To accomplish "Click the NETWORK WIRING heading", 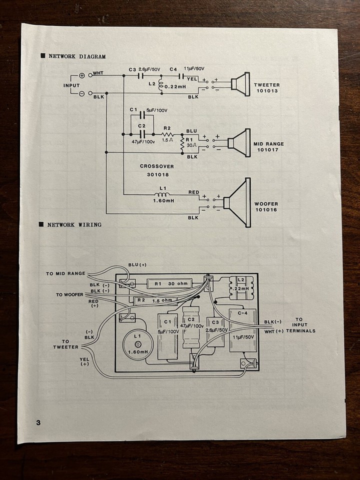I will [74, 224].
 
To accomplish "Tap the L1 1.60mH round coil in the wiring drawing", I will [136, 345].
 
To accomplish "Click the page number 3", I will [38, 422].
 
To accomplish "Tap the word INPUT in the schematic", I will [71, 85].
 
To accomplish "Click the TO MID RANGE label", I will [65, 273].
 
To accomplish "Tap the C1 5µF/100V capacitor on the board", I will [167, 336].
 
